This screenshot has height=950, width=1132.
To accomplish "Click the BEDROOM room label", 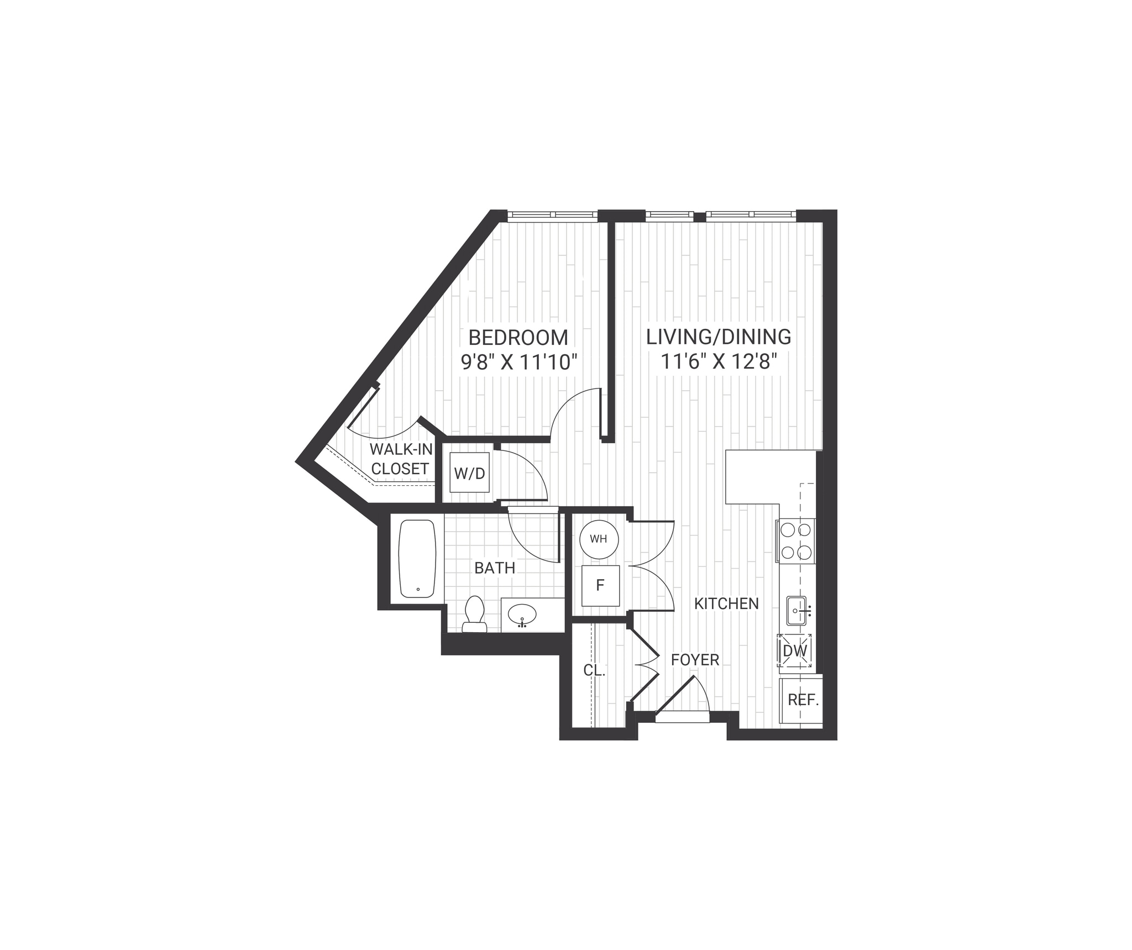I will (518, 337).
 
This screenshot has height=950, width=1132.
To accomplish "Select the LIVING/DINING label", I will (719, 337).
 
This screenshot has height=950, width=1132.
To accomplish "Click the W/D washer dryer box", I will (469, 473).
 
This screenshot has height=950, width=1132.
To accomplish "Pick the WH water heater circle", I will (599, 539).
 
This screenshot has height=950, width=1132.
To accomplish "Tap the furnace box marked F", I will (600, 586).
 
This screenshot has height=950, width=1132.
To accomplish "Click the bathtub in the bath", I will (417, 558).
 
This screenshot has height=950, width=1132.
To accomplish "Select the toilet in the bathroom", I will (474, 613).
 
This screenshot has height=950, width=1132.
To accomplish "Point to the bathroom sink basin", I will (522, 614).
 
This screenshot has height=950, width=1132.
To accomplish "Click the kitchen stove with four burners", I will (796, 541).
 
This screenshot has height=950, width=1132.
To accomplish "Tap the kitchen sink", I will (796, 610).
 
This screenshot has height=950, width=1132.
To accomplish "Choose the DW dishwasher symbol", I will (795, 650).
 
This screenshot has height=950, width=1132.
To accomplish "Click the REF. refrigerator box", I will (803, 700).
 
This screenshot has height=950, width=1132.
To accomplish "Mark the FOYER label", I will (695, 660).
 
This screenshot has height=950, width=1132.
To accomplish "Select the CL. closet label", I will (594, 671).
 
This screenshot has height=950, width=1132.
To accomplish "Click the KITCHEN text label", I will (726, 603).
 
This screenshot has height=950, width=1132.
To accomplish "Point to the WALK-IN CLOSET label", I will (401, 459).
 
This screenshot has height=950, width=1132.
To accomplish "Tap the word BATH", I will (495, 568).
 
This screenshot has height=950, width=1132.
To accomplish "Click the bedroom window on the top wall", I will (553, 215).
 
